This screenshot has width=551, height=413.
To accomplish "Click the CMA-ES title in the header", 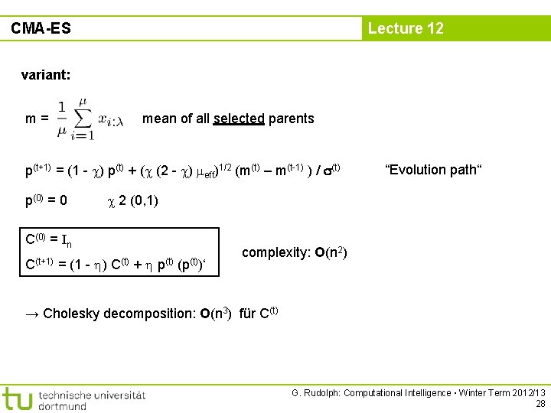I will (x=41, y=28).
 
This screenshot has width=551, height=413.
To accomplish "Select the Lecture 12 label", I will (x=406, y=28).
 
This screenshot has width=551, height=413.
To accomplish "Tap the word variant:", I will (x=46, y=75).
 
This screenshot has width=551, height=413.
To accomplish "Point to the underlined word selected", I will (x=239, y=119).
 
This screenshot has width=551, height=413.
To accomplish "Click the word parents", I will (x=291, y=119).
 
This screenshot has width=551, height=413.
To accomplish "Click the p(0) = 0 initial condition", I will (x=47, y=201).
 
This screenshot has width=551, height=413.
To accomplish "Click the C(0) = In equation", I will (x=49, y=240).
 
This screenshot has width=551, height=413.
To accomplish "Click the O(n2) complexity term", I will (x=331, y=252).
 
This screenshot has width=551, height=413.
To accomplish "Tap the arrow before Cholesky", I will (x=33, y=313).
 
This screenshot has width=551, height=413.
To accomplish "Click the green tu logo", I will (x=17, y=398).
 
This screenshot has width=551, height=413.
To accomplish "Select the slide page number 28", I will (x=540, y=404).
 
